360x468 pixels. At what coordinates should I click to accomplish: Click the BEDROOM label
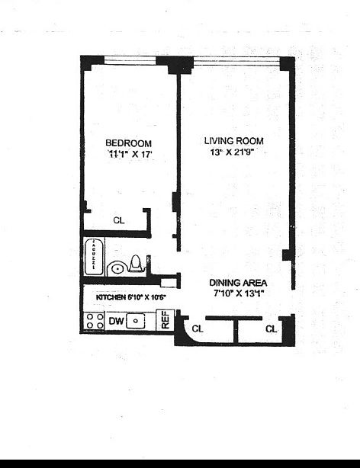pyautogui.click(x=128, y=143)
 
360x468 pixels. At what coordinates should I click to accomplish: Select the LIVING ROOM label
pyautogui.click(x=234, y=140)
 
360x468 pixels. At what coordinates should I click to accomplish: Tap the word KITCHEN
pyautogui.click(x=110, y=297)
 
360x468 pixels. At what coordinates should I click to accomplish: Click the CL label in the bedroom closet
pyautogui.click(x=118, y=220)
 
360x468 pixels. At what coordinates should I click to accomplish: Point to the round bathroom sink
pyautogui.click(x=117, y=268)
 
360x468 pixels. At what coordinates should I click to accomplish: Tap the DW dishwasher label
pyautogui.click(x=116, y=322)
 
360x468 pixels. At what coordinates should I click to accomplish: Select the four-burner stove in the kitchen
pyautogui.click(x=95, y=322)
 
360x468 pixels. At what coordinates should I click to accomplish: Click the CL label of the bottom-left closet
pyautogui.click(x=197, y=329)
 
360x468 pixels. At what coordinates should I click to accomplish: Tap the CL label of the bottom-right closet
pyautogui.click(x=272, y=329)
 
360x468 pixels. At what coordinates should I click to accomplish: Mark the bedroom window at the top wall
pyautogui.click(x=130, y=61)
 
